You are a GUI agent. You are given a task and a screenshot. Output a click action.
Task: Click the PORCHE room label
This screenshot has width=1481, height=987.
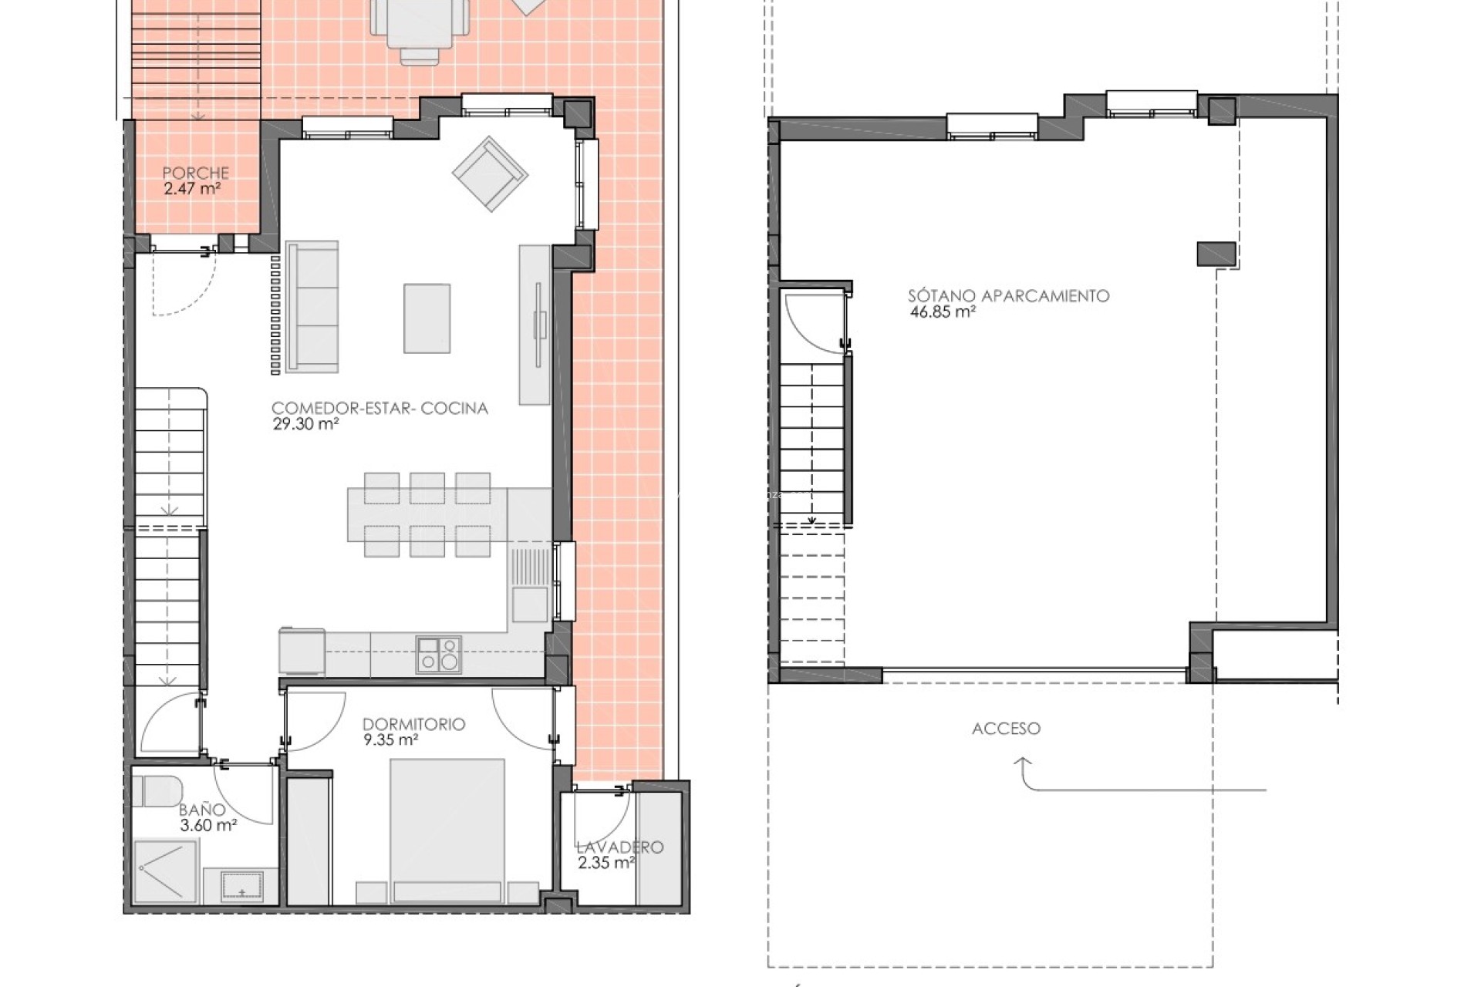[x=195, y=173]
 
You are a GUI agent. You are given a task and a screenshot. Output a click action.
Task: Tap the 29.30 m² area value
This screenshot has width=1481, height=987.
[x=306, y=423]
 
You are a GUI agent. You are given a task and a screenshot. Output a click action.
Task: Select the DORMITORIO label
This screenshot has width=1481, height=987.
[x=413, y=724]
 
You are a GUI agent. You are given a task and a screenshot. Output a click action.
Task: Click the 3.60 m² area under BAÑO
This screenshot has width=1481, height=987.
[x=207, y=825]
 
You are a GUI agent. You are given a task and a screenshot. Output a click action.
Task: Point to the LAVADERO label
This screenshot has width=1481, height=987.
[x=619, y=847]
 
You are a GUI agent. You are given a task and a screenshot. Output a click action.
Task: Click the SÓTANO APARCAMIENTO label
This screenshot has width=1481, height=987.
[x=1008, y=295]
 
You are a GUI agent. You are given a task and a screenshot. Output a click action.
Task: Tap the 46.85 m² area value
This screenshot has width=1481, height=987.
[x=943, y=312]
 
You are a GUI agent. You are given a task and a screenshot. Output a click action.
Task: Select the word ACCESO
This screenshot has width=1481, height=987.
[x=1006, y=728]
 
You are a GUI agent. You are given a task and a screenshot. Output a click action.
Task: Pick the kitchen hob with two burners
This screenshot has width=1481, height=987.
[x=438, y=655]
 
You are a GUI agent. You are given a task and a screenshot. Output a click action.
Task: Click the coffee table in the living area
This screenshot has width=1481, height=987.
[x=427, y=318]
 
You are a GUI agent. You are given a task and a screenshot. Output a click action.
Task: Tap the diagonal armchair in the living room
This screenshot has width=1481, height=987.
[x=489, y=174]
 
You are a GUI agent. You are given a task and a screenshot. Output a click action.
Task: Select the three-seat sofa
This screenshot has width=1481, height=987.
[x=312, y=307]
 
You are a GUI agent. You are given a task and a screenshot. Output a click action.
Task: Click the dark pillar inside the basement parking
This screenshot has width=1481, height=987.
[x=1216, y=254]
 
